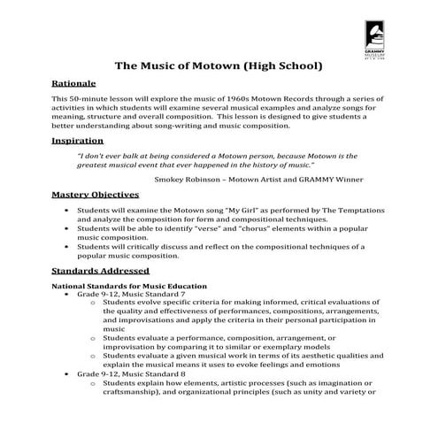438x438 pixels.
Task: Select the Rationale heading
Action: click(x=71, y=81)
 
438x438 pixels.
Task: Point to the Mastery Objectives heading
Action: click(x=95, y=194)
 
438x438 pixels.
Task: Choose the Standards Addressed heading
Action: click(x=100, y=270)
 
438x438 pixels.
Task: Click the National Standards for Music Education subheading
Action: click(x=129, y=287)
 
